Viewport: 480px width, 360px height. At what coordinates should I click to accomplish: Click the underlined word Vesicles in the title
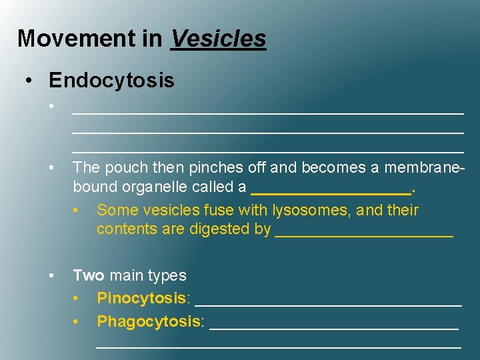click(x=219, y=38)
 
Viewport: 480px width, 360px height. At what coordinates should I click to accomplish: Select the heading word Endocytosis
click(x=111, y=81)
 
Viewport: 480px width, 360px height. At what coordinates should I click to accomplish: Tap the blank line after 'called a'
click(x=331, y=190)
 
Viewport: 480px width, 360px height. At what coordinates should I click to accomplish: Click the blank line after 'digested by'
click(x=364, y=233)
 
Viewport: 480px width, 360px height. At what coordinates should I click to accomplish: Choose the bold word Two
click(x=89, y=275)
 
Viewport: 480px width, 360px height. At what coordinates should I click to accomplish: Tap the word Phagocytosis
click(x=149, y=321)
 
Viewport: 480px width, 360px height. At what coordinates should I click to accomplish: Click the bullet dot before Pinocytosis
click(x=78, y=297)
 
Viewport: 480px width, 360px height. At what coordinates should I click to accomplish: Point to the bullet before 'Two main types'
click(x=51, y=275)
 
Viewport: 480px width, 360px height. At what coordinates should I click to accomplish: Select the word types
click(x=168, y=275)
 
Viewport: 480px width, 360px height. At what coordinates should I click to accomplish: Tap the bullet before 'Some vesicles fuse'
click(x=78, y=211)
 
